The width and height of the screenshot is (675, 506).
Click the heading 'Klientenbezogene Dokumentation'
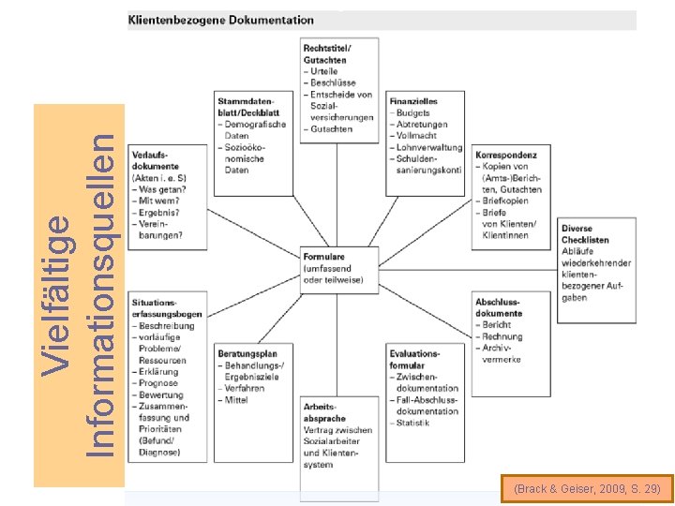point(221,19)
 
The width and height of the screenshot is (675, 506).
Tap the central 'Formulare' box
point(338,268)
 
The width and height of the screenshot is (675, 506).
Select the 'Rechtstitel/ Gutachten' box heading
point(327,53)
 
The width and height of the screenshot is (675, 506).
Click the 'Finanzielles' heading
point(413,101)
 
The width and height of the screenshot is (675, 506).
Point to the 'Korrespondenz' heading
point(505,155)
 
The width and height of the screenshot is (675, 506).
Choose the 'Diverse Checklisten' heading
point(587,234)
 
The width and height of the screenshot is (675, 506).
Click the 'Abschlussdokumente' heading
point(499,307)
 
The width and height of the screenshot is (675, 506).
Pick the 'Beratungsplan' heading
point(247,353)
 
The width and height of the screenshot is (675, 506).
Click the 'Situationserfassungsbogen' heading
point(167,308)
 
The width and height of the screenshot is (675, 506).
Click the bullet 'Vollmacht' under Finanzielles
point(420,136)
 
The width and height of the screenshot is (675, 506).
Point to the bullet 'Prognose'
point(159,383)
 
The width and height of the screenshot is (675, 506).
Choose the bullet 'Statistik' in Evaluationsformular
point(412,423)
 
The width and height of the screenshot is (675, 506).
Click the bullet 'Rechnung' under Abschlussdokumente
point(502,336)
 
